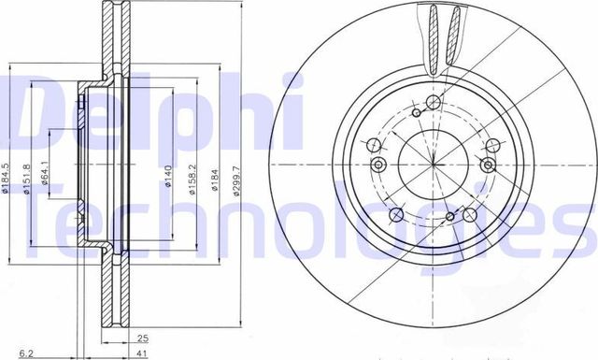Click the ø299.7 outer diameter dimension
coord(238,175)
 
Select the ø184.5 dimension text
coord(6,175)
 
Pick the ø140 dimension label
coord(166,175)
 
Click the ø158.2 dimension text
coord(191,175)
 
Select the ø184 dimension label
coord(214,175)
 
